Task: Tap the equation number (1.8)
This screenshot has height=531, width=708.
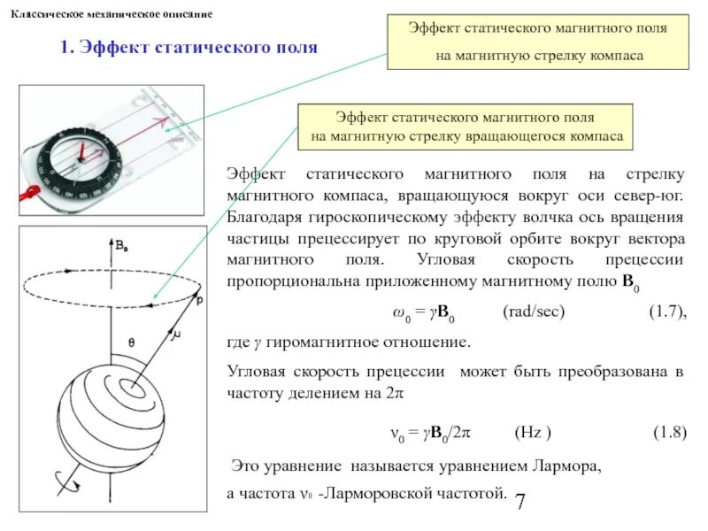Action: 669,432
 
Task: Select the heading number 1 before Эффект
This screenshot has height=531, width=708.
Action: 65,47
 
